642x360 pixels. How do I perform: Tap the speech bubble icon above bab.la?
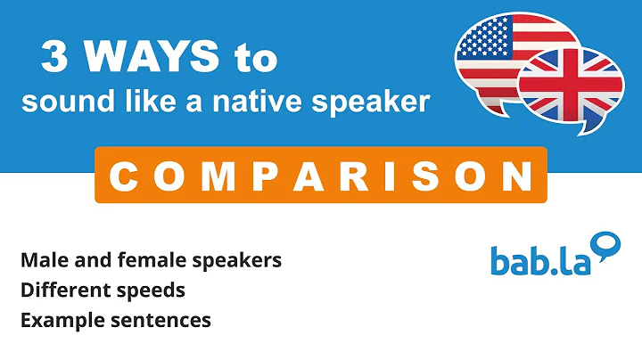point(605,243)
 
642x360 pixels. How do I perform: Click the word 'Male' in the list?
point(41,260)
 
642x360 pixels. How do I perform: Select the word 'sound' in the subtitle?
point(52,102)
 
